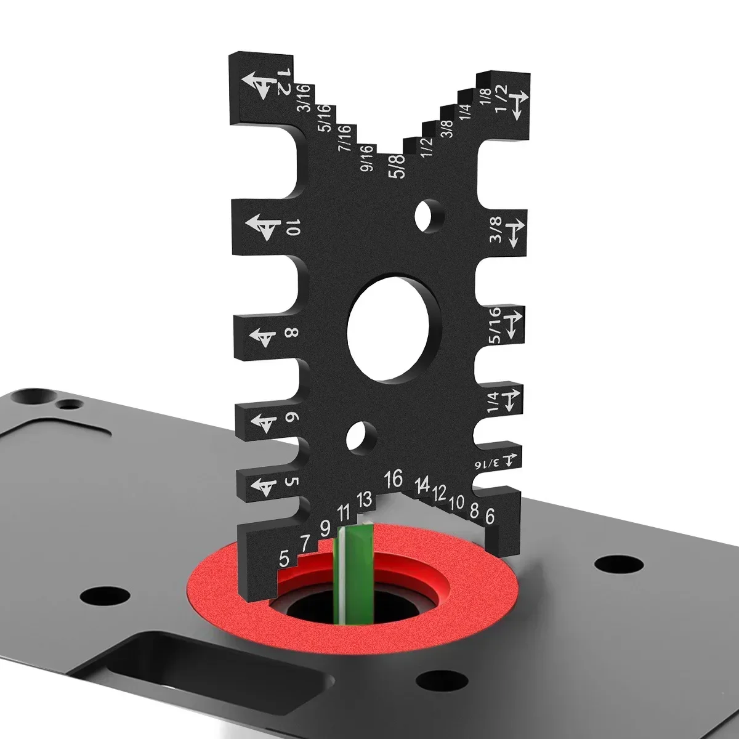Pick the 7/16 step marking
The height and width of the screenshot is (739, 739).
(x=344, y=138)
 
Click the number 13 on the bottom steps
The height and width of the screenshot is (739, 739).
(x=365, y=499)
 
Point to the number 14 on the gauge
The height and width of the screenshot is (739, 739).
(x=422, y=484)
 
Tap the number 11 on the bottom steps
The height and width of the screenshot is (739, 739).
(x=344, y=512)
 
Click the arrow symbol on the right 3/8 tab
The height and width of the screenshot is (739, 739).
(x=514, y=233)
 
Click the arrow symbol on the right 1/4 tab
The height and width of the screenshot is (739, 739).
(x=513, y=400)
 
